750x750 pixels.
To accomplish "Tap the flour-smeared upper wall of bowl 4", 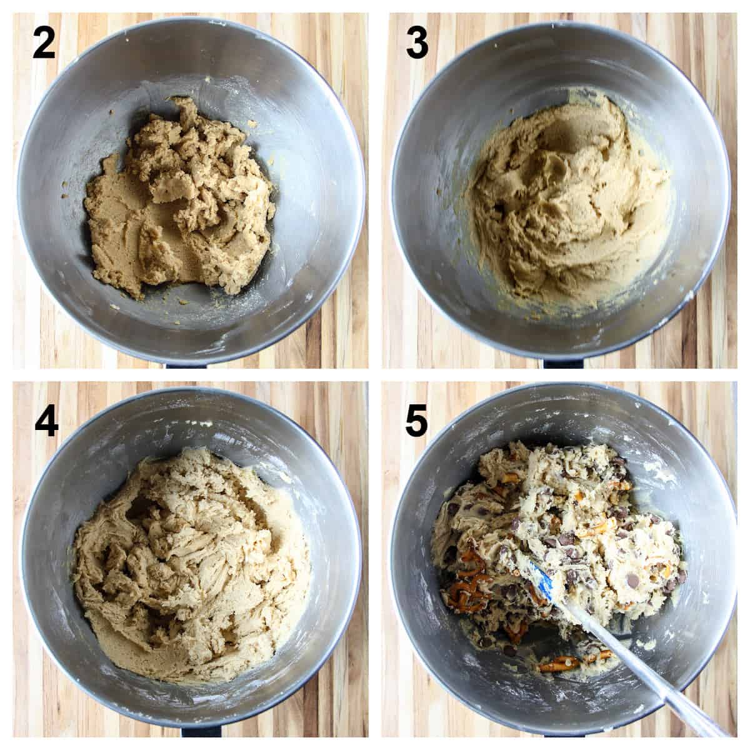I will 187,425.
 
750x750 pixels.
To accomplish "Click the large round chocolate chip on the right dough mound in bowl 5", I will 632,581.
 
